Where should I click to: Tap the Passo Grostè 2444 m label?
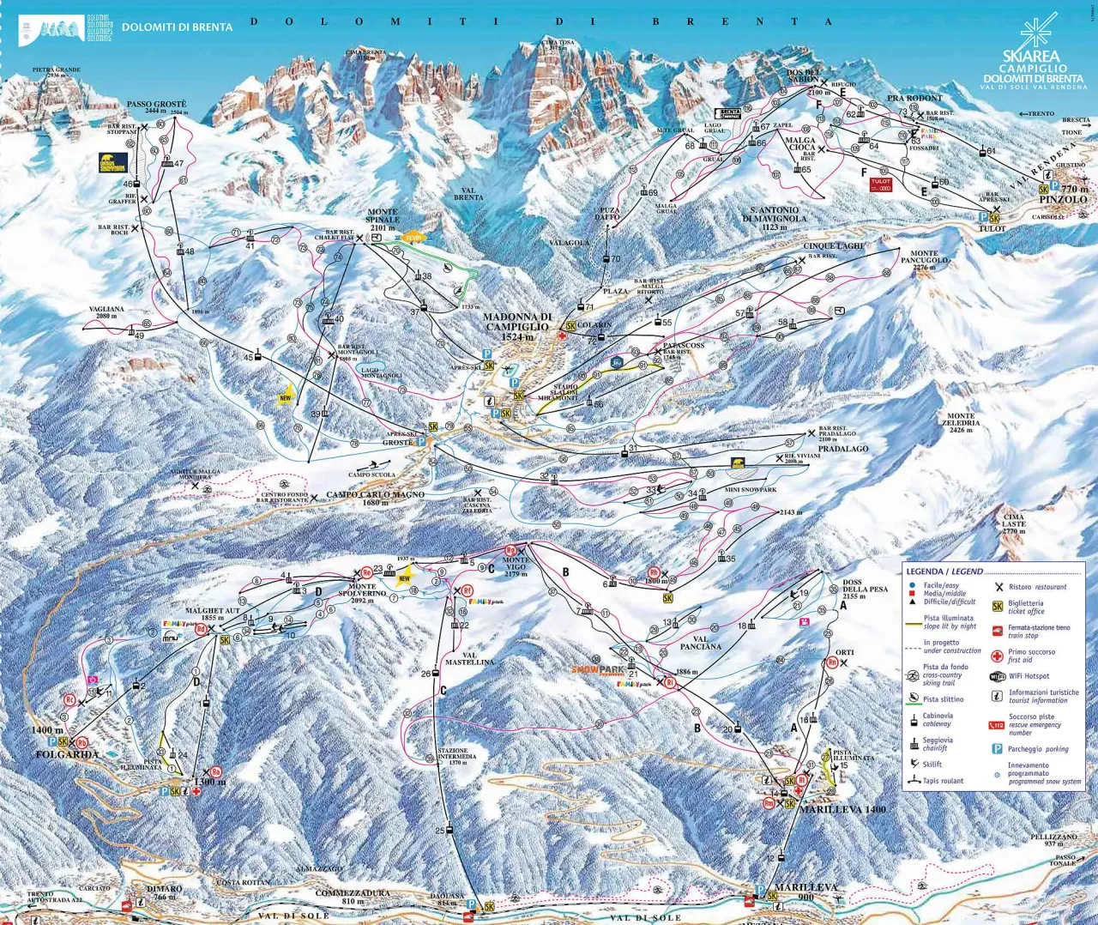click(x=156, y=107)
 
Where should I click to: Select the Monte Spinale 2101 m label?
click(x=383, y=220)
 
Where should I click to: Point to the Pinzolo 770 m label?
click(x=1063, y=195)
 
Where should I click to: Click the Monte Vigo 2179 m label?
click(x=516, y=566)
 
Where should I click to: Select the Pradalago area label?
click(x=842, y=449)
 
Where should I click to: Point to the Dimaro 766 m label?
click(x=164, y=892)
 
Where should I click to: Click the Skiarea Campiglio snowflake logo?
click(x=1038, y=34)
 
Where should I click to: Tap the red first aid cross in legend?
click(x=997, y=656)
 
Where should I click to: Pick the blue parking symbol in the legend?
click(x=997, y=749)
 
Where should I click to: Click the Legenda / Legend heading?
click(x=944, y=571)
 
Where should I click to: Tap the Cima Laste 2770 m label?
click(x=1014, y=523)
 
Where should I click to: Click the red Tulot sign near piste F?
click(x=881, y=184)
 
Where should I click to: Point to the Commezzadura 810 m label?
click(x=353, y=897)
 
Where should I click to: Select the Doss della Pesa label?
click(x=865, y=589)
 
